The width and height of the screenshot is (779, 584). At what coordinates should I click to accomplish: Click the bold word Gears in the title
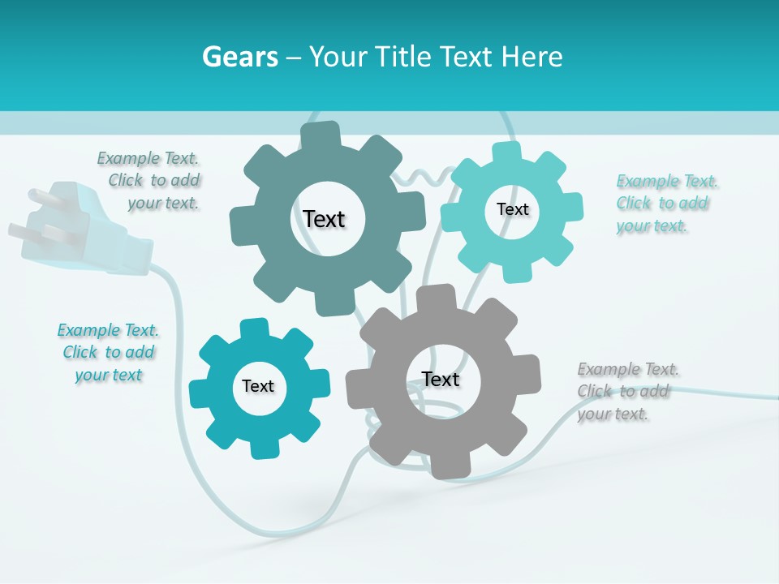coord(240,57)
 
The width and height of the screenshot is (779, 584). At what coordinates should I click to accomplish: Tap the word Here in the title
coord(532,57)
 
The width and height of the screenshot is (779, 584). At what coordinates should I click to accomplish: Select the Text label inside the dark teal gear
coord(324,219)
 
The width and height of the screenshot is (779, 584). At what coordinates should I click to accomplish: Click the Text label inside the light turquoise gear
coord(512,209)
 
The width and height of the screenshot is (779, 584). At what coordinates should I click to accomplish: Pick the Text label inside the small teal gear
coord(257,386)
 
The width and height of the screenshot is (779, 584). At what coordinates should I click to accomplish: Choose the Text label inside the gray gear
coord(441,379)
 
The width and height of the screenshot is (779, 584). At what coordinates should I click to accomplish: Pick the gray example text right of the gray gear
coord(626,391)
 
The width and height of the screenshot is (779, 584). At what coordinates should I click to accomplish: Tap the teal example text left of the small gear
coord(109,352)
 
